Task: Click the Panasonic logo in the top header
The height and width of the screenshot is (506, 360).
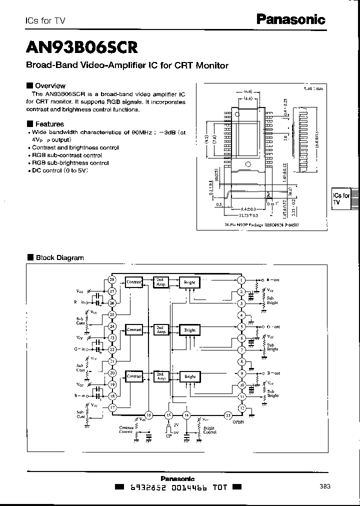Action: (x=291, y=19)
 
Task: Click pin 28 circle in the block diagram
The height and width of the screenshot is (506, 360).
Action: (x=112, y=280)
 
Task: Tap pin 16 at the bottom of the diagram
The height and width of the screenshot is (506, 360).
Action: (x=148, y=414)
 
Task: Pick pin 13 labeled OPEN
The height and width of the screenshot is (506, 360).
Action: (x=228, y=415)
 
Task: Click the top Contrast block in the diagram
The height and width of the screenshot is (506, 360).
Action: (x=134, y=282)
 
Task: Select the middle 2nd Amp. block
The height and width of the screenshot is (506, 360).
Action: (x=161, y=329)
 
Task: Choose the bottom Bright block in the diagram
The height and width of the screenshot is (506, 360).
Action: (x=190, y=376)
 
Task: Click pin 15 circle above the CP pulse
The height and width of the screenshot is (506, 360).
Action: (x=168, y=415)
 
